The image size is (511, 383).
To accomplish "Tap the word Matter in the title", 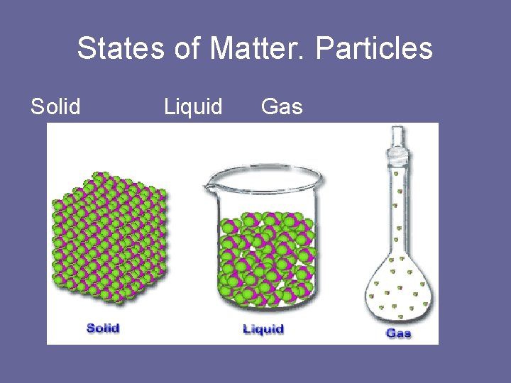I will click(x=258, y=49).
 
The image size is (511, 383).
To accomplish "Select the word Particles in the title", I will click(x=374, y=49).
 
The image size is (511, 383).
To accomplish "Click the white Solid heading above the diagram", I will click(x=55, y=107).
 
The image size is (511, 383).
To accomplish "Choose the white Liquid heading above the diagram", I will click(x=193, y=107).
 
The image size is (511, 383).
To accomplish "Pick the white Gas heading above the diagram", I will click(x=282, y=107).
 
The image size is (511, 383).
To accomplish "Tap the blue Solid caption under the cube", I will click(x=103, y=328).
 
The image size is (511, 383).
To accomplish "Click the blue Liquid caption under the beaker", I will click(x=263, y=329).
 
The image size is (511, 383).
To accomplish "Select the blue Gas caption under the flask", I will click(x=398, y=333).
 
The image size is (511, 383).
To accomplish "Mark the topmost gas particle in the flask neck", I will click(x=399, y=172).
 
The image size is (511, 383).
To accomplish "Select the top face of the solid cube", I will click(x=106, y=188).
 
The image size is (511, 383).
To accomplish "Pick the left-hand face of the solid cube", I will click(x=85, y=248).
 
